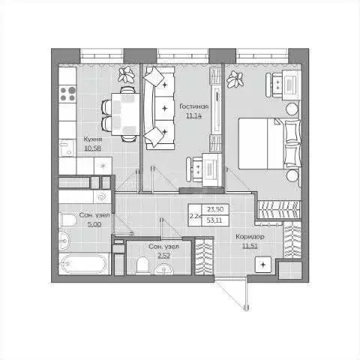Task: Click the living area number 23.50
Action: point(216,211)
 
